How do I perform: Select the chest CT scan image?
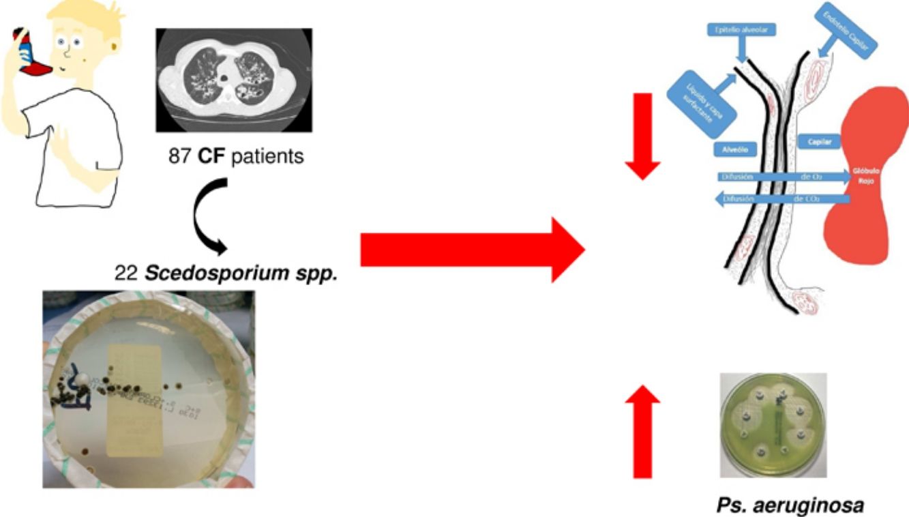point(234,80)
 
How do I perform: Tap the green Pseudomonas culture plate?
point(773,424)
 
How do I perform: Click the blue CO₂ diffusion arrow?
point(781,199)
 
